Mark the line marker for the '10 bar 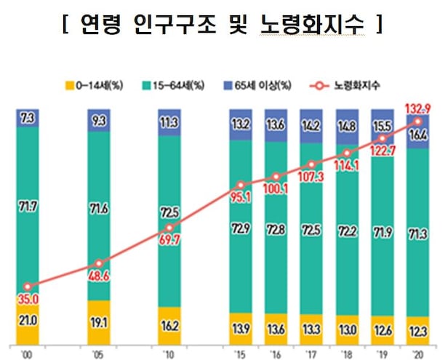click(x=170, y=228)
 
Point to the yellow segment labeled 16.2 click(x=170, y=327)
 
